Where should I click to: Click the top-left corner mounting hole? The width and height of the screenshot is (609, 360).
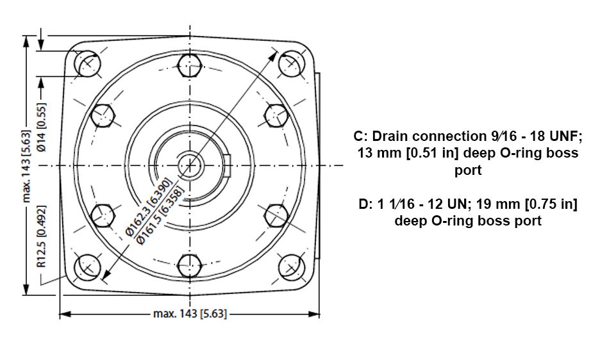click(87, 63)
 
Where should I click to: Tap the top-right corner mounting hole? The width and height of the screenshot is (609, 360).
click(292, 63)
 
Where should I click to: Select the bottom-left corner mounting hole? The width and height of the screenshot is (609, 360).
click(87, 267)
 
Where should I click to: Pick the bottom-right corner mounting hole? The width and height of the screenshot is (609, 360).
click(292, 267)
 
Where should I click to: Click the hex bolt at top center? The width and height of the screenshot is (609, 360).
click(190, 65)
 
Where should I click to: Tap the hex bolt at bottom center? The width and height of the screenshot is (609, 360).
click(190, 266)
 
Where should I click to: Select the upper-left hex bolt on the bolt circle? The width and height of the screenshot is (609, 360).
click(103, 115)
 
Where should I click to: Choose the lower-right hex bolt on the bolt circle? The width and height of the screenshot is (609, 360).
click(276, 216)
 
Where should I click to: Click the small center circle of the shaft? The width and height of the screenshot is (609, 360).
click(190, 166)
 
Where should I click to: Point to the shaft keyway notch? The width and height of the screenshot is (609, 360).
click(228, 165)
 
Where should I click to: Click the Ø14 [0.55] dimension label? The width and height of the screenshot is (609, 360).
click(41, 127)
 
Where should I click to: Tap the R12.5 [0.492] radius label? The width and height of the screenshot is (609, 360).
click(41, 236)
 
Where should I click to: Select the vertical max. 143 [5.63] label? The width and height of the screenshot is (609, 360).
click(26, 166)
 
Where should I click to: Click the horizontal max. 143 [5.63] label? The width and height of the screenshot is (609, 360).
click(190, 313)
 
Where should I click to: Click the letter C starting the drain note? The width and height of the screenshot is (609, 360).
click(358, 136)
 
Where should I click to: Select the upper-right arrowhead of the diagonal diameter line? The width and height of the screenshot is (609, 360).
click(274, 56)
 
